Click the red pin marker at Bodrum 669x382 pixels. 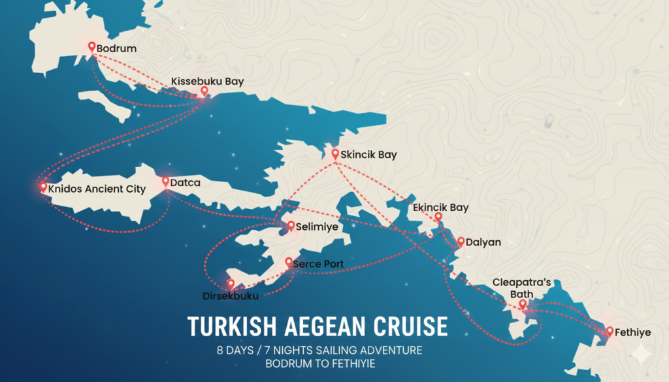pos(92,46)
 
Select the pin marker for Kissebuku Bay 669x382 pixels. pos(204,91)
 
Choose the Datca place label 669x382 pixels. pos(185,183)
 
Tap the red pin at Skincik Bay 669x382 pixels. pos(335,154)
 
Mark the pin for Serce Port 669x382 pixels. pos(289,262)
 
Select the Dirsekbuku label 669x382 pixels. pos(231,296)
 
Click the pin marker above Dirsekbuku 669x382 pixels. pos(230,284)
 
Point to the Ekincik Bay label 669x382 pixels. pos(440,208)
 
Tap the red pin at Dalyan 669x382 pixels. pos(460,241)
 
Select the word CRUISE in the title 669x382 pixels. pos(410,326)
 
